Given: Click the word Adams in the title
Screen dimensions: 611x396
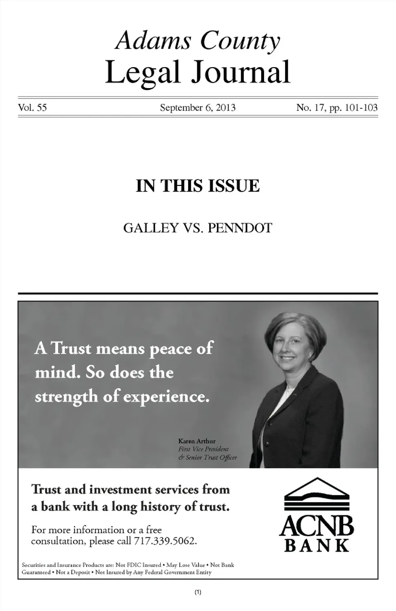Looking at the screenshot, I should (x=153, y=41).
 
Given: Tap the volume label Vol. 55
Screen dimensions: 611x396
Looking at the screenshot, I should (x=33, y=108).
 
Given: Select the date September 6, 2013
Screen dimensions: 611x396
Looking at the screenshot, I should (x=198, y=108).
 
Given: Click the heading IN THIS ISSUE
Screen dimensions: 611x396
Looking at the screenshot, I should (x=198, y=186).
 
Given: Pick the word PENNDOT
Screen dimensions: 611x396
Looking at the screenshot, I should (x=240, y=228).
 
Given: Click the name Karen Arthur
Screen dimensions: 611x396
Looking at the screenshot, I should (x=197, y=441).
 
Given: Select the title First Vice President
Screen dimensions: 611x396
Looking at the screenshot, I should (x=203, y=449).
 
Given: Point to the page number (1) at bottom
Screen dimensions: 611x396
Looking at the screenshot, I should (x=198, y=592).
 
